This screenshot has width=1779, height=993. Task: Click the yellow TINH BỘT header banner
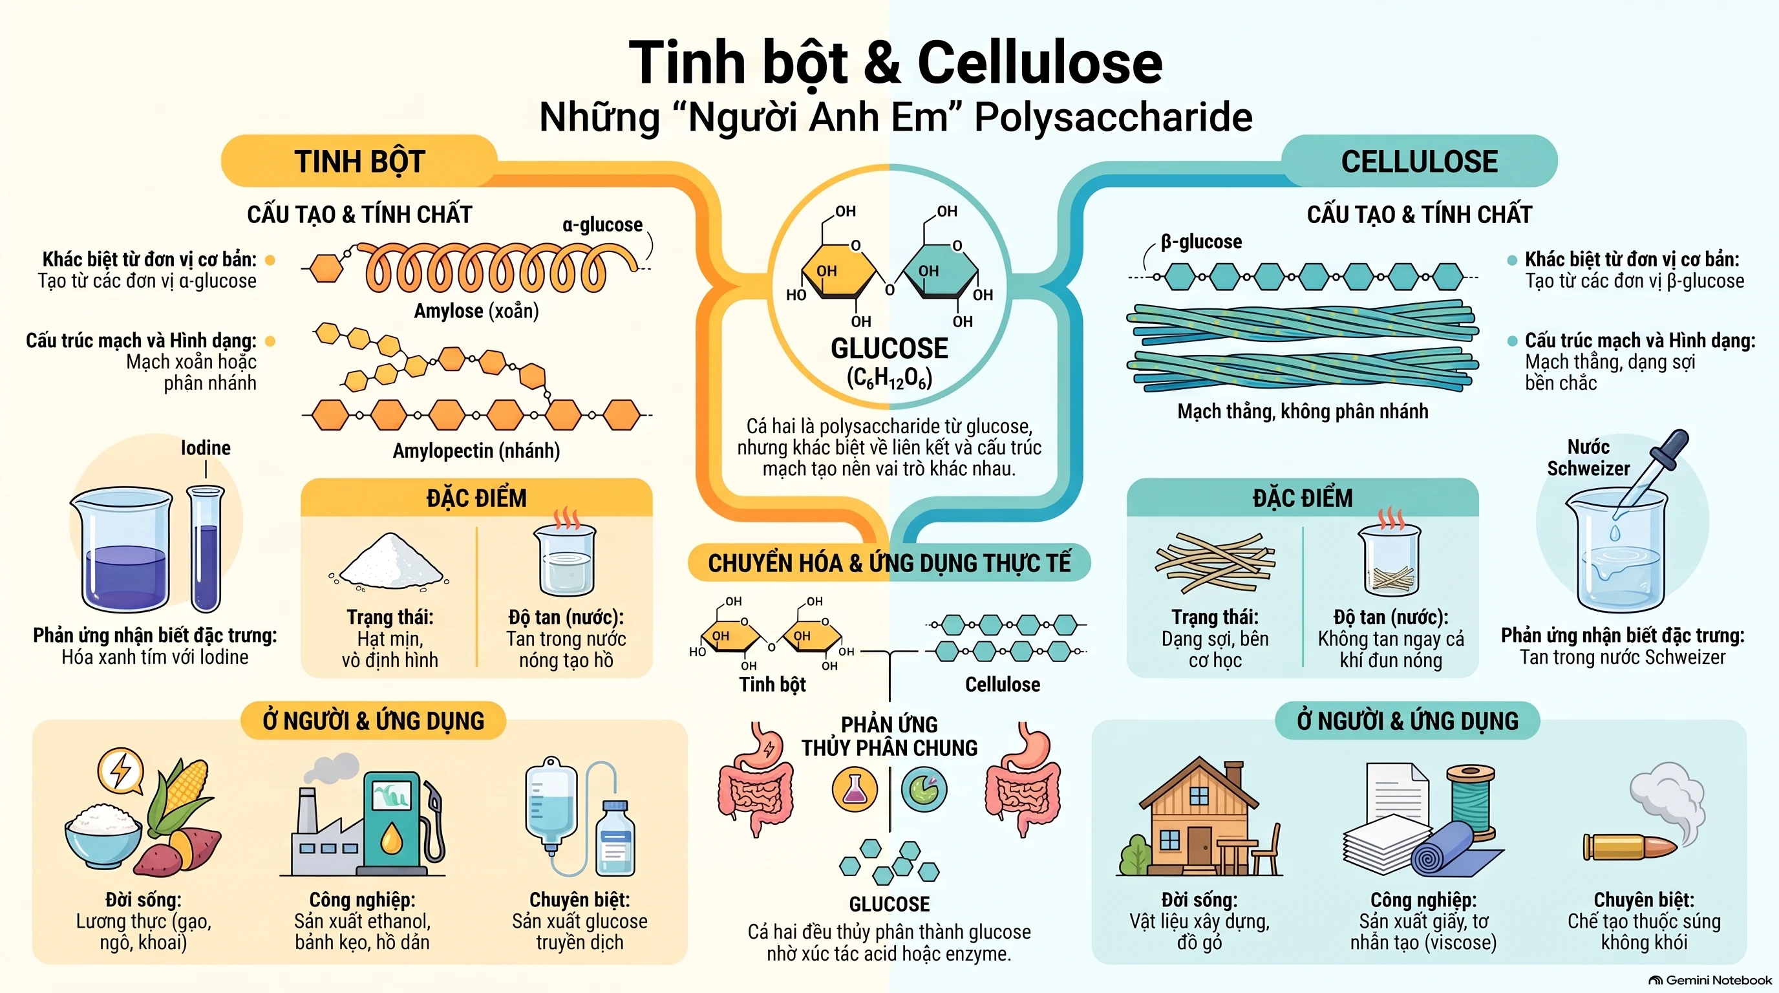click(359, 161)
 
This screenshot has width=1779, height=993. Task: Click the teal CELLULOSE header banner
click(1419, 161)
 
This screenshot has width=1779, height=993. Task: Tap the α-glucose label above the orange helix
click(602, 225)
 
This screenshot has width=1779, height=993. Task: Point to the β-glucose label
click(1201, 242)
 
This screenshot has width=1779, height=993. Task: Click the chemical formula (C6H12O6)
click(889, 378)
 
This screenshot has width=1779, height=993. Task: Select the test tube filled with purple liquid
click(206, 548)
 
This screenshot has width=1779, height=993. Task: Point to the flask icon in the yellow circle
click(855, 789)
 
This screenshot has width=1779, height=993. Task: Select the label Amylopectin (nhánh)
click(476, 451)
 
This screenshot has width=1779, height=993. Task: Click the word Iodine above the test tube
click(206, 448)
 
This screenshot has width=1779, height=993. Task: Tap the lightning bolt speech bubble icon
click(121, 771)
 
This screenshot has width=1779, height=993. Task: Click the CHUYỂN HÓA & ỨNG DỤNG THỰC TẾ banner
click(889, 563)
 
